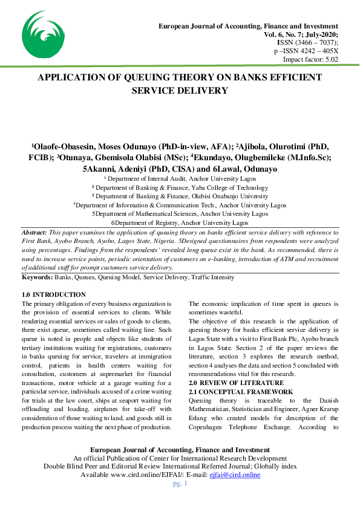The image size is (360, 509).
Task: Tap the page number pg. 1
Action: coord(180,484)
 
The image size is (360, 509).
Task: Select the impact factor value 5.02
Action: coord(329,59)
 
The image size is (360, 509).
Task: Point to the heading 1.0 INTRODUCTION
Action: coord(53,294)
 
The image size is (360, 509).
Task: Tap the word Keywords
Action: coord(37,277)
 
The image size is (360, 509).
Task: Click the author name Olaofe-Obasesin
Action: coord(65,148)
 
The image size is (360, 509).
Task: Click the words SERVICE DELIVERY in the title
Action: coord(180,91)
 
